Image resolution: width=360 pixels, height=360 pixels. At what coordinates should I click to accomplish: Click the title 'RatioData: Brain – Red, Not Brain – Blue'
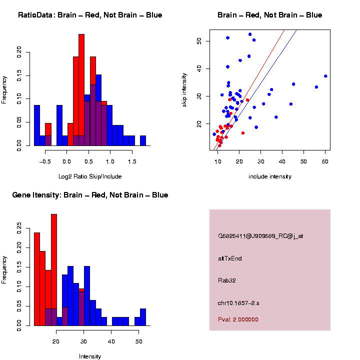(90, 15)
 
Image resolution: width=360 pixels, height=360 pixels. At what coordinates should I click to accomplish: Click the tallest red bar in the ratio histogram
(81, 90)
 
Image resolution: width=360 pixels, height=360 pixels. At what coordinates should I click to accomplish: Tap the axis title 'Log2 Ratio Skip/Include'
(90, 176)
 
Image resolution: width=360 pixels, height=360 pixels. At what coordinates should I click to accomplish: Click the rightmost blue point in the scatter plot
(325, 76)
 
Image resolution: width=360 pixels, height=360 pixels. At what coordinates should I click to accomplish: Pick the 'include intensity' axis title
(270, 176)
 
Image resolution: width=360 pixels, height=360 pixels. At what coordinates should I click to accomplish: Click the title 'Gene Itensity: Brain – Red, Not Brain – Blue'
(90, 195)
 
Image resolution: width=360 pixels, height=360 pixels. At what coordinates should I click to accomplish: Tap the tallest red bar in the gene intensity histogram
(54, 270)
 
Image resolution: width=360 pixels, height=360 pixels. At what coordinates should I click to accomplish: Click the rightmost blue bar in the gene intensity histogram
(143, 317)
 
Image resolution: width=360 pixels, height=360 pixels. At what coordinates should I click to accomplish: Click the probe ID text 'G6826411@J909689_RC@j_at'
(260, 236)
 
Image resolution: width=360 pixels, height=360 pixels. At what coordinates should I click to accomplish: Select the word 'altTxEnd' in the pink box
(230, 258)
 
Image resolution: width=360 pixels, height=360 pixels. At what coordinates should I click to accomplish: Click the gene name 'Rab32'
(227, 280)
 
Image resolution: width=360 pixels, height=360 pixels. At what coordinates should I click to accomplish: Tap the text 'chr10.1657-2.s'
(238, 303)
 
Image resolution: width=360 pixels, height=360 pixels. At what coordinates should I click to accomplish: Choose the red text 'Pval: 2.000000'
(238, 319)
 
